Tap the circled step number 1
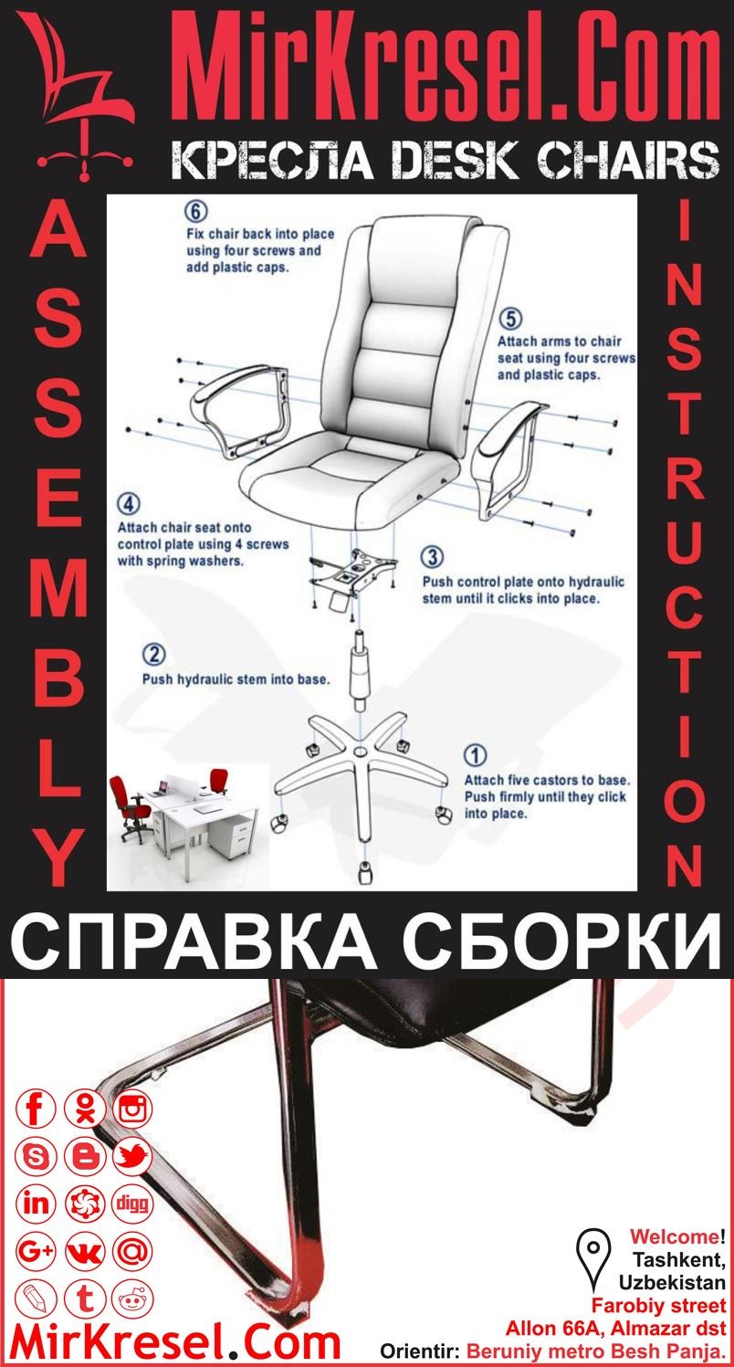(476, 755)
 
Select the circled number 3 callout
(433, 556)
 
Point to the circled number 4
(129, 504)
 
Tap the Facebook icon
(37, 1109)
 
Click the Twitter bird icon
(133, 1157)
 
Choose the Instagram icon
(133, 1109)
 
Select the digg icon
(133, 1204)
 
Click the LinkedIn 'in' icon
(37, 1204)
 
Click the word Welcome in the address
(673, 1237)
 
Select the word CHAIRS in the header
(620, 163)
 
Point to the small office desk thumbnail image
(180, 809)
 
